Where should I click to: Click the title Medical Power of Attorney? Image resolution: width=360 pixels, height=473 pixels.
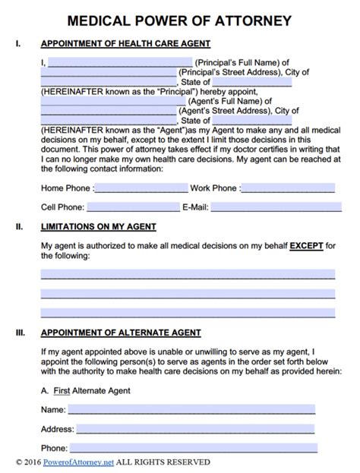[179, 17]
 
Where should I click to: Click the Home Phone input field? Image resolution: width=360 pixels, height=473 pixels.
[142, 188]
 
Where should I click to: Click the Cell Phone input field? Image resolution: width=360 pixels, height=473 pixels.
[132, 207]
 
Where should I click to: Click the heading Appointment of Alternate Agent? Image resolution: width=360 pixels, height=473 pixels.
[120, 333]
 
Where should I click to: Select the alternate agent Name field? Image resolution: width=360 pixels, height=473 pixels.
[191, 409]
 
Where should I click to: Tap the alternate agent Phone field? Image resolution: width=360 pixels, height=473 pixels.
[191, 448]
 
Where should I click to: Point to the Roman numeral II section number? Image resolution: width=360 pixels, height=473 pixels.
[18, 227]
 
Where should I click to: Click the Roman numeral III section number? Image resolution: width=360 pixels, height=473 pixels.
[19, 333]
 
